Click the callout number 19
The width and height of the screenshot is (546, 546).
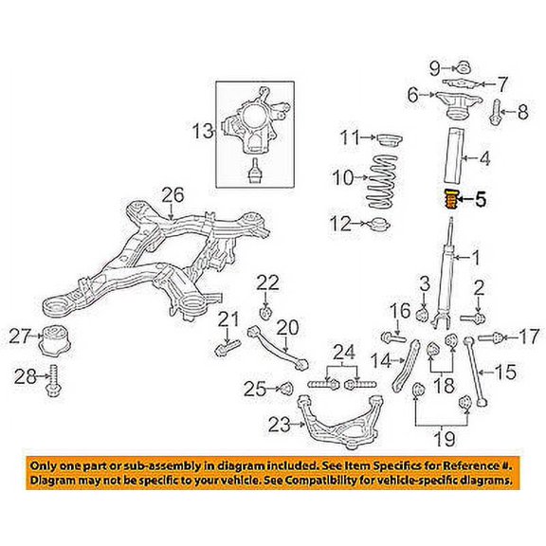click(x=442, y=439)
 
